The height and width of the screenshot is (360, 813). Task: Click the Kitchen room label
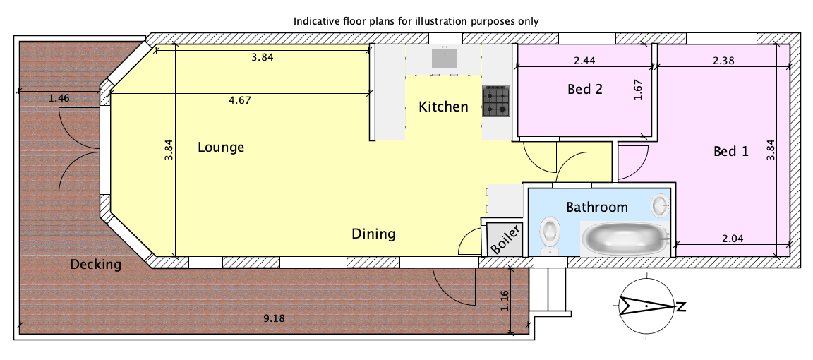pyautogui.click(x=443, y=107)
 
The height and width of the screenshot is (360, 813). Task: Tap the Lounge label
pyautogui.click(x=221, y=148)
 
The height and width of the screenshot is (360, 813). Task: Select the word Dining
pyautogui.click(x=373, y=234)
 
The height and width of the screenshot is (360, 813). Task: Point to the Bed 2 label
pyautogui.click(x=585, y=89)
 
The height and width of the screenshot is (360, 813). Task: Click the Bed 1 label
pyautogui.click(x=731, y=152)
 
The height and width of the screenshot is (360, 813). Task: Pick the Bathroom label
pyautogui.click(x=597, y=208)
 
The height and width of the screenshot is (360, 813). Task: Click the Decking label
pyautogui.click(x=95, y=265)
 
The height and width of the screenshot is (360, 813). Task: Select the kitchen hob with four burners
pyautogui.click(x=496, y=101)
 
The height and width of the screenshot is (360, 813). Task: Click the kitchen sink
pyautogui.click(x=445, y=57)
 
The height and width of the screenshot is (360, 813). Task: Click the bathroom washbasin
pyautogui.click(x=661, y=205)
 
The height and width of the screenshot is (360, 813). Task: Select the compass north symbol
pyautogui.click(x=646, y=306)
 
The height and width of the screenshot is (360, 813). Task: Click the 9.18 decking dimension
pyautogui.click(x=274, y=318)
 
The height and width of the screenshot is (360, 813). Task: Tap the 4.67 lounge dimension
pyautogui.click(x=239, y=100)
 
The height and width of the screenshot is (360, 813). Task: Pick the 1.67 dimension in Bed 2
pyautogui.click(x=638, y=89)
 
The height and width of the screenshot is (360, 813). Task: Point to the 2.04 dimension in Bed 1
pyautogui.click(x=732, y=239)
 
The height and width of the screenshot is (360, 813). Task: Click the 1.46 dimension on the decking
pyautogui.click(x=59, y=97)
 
